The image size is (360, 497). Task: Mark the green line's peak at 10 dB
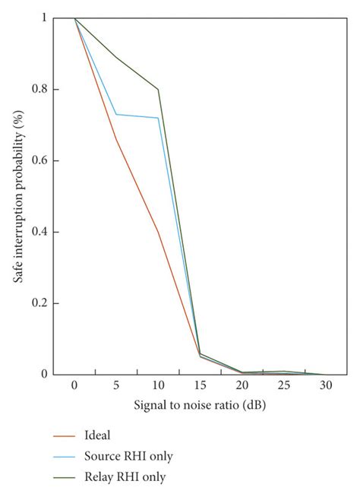coord(158,89)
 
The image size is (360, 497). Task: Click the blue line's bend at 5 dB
coord(116,114)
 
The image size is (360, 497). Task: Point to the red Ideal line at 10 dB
coord(158,231)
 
